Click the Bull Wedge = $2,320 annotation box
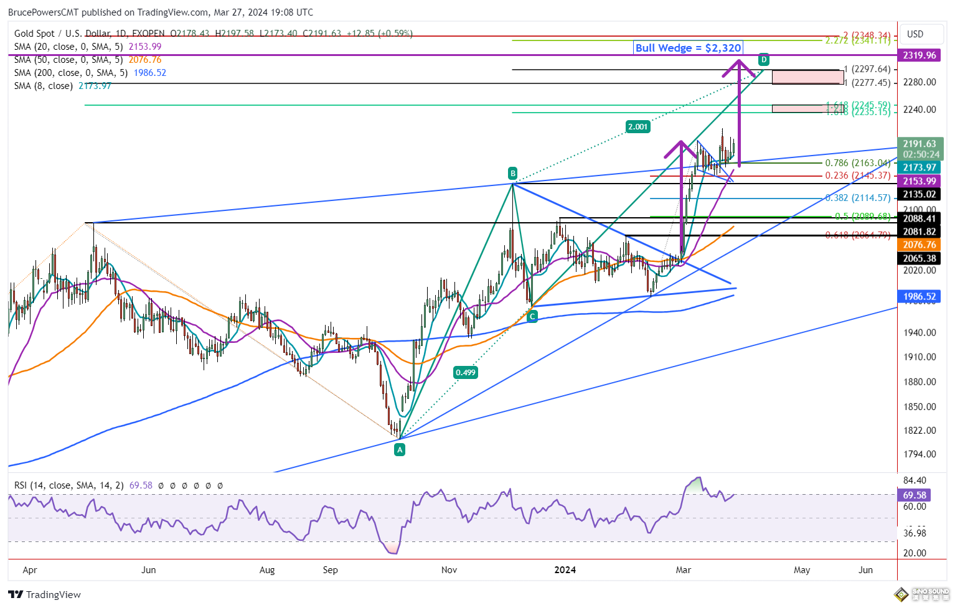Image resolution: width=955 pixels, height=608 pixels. tap(688, 48)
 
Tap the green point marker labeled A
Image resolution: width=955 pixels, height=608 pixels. tap(400, 449)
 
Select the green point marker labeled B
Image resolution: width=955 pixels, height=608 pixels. tap(512, 173)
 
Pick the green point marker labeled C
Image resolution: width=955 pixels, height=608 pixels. tap(532, 317)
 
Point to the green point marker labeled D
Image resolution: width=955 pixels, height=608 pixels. tap(764, 60)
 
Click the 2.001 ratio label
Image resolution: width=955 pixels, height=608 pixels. tap(637, 127)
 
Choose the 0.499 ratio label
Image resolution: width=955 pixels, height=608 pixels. tap(466, 373)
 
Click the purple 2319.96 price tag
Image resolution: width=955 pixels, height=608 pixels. tap(920, 55)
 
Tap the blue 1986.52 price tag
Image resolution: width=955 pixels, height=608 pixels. tap(920, 297)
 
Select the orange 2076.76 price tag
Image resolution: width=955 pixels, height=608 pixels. tap(920, 245)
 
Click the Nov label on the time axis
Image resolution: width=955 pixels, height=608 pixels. tap(449, 570)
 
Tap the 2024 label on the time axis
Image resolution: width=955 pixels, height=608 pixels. tap(565, 570)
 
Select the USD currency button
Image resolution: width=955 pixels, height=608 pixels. tap(915, 34)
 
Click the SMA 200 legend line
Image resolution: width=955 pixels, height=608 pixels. tap(90, 73)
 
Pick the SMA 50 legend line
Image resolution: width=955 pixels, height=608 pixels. tap(87, 60)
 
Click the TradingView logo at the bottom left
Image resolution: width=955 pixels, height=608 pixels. tap(45, 595)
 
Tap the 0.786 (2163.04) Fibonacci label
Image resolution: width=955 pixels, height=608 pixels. tap(858, 163)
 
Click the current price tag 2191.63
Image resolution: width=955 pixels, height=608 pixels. tap(920, 144)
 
